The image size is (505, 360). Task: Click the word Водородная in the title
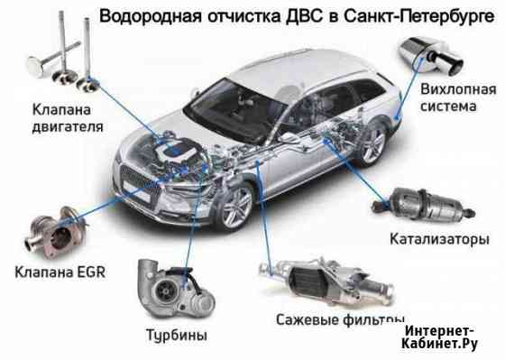coord(151,16)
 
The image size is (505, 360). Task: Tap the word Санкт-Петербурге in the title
coord(418,16)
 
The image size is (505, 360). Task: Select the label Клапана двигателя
coord(68,118)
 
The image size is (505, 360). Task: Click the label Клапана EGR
coord(60,272)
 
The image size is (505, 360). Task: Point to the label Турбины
coord(177,335)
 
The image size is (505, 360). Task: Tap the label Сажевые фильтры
coord(340,319)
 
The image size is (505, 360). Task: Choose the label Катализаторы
coord(439,239)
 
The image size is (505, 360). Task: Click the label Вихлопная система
coord(458,97)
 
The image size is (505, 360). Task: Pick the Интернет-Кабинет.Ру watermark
coord(439,337)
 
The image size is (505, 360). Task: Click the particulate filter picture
coord(326,281)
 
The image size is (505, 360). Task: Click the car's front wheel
coord(236,207)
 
